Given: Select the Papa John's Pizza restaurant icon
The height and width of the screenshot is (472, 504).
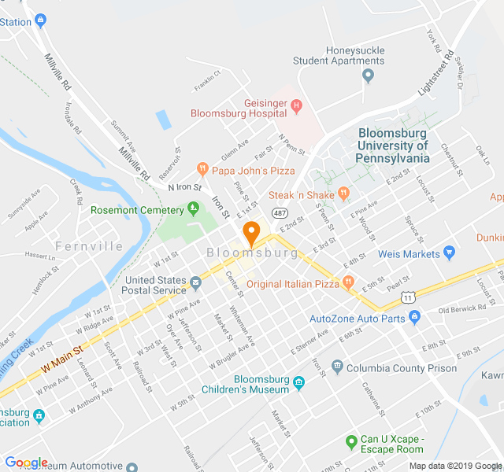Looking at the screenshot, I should tap(202, 169).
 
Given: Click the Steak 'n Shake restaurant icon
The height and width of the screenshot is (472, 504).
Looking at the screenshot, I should tap(343, 193).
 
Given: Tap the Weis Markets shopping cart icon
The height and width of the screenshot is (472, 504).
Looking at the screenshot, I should tap(450, 253).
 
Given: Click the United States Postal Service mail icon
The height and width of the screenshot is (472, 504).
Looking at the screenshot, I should tap(195, 282).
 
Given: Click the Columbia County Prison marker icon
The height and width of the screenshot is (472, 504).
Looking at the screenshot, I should tap(337, 367).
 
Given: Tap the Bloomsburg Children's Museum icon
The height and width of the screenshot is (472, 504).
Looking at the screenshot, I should tap(298, 383).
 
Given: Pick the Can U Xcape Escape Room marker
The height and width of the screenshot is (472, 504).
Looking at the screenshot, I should tap(352, 442).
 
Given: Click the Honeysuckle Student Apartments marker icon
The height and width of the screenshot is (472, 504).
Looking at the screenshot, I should tap(368, 76).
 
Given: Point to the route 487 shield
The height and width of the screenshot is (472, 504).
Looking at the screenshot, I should tap(280, 213).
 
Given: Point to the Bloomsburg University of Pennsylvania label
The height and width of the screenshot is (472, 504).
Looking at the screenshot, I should tap(393, 146).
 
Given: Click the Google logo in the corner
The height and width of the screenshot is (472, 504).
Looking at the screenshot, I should tap(26, 463).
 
